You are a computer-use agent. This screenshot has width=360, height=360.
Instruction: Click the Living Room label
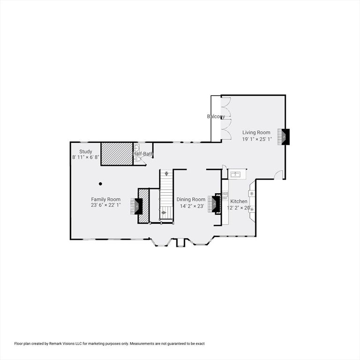(256, 133)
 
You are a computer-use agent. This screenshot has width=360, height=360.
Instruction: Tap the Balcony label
(216, 117)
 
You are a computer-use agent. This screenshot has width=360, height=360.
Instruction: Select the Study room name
(85, 151)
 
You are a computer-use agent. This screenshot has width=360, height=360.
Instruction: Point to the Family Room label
(105, 199)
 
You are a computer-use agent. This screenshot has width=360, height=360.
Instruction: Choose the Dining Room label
(191, 199)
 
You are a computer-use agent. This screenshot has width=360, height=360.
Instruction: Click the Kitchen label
(239, 202)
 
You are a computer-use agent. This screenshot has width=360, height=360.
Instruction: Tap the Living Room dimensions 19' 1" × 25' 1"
(256, 139)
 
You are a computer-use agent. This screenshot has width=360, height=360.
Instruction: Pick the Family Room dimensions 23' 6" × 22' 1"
(105, 205)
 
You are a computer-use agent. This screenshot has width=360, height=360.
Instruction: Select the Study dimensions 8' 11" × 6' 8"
(85, 157)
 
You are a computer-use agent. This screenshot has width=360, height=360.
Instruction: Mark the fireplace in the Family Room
(138, 206)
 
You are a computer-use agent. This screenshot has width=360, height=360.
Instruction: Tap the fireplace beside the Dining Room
(216, 204)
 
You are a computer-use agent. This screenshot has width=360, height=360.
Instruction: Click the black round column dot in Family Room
(100, 183)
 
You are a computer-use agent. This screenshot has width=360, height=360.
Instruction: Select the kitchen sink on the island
(235, 175)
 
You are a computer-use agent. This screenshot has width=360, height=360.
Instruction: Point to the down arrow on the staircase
(166, 174)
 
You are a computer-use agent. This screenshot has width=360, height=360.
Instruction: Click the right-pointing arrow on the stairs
(163, 212)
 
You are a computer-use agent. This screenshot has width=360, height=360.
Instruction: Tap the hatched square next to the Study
(117, 153)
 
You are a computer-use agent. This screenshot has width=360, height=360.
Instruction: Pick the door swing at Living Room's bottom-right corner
(279, 174)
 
